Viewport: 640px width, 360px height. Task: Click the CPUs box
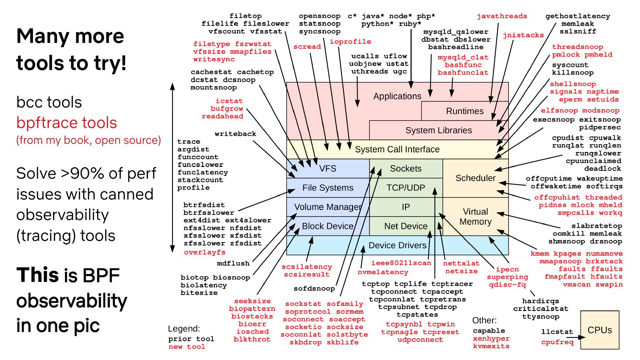[x=599, y=330]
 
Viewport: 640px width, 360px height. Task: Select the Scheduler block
[x=476, y=178]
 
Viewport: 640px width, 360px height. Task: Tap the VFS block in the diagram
[x=328, y=169]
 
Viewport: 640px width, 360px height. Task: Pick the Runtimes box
[x=465, y=111]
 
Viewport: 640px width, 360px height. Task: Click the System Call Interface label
[x=397, y=149]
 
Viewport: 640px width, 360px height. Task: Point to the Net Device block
[x=406, y=226]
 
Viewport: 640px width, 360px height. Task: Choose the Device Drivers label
[x=397, y=245]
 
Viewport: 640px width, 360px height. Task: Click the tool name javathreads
[x=502, y=16]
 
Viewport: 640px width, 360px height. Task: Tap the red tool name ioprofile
[x=350, y=42]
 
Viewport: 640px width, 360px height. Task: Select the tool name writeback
[x=235, y=134]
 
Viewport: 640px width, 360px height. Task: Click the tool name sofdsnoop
[x=314, y=288]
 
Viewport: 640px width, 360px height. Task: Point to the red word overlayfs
[x=205, y=253]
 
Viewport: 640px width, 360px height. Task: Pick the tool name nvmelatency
[x=383, y=272]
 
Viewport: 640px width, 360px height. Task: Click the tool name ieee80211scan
[x=401, y=263]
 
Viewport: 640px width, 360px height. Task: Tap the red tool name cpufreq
[x=558, y=342]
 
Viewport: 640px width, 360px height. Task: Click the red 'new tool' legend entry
[x=187, y=346]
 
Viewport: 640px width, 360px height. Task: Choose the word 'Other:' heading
[x=484, y=320]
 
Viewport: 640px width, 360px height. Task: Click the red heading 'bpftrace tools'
[x=67, y=123]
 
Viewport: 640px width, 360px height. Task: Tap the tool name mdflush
[x=233, y=263]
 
